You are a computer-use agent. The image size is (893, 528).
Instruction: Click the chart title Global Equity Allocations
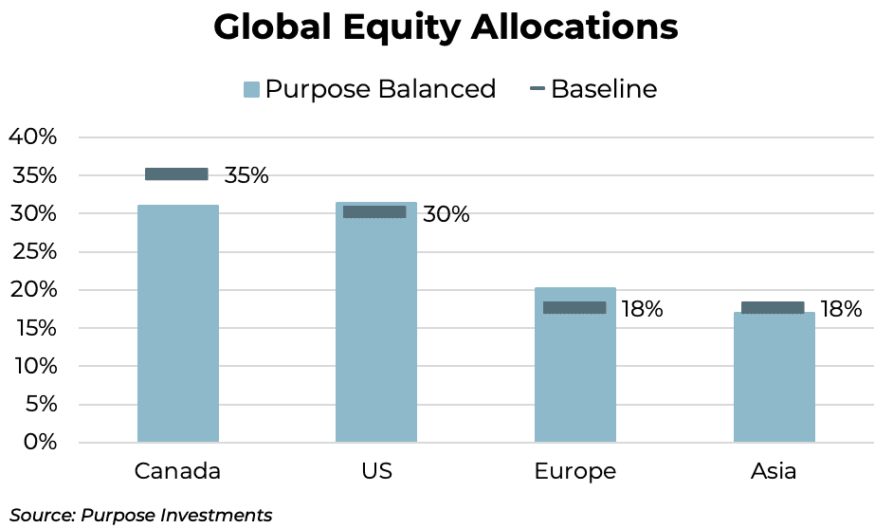(x=446, y=27)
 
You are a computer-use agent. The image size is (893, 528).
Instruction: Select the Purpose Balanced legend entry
(x=370, y=89)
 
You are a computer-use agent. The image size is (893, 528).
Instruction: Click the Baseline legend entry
(x=592, y=89)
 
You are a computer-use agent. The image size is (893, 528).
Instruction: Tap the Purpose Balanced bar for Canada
(x=178, y=323)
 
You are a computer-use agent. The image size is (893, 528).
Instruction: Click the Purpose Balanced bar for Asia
(x=774, y=379)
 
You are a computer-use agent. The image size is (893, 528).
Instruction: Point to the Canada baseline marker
(x=176, y=173)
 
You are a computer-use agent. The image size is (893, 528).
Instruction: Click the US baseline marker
(x=374, y=212)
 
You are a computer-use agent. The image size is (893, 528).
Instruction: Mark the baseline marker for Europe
(x=574, y=307)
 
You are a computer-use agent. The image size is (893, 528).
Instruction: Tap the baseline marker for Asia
(x=773, y=307)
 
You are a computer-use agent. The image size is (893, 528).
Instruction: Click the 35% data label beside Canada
(x=246, y=175)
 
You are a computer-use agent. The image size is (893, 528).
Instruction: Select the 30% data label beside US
(x=446, y=214)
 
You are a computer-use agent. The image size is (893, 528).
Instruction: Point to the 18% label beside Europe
(x=642, y=309)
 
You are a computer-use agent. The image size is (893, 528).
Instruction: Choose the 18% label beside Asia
(x=841, y=309)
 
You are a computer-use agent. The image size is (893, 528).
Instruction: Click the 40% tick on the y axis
(x=33, y=137)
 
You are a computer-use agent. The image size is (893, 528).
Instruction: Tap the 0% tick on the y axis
(x=39, y=443)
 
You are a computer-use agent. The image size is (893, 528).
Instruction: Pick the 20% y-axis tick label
(x=33, y=290)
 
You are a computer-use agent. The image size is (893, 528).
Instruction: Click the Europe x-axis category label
(x=574, y=472)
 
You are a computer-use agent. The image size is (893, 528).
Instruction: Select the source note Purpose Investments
(x=141, y=516)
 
